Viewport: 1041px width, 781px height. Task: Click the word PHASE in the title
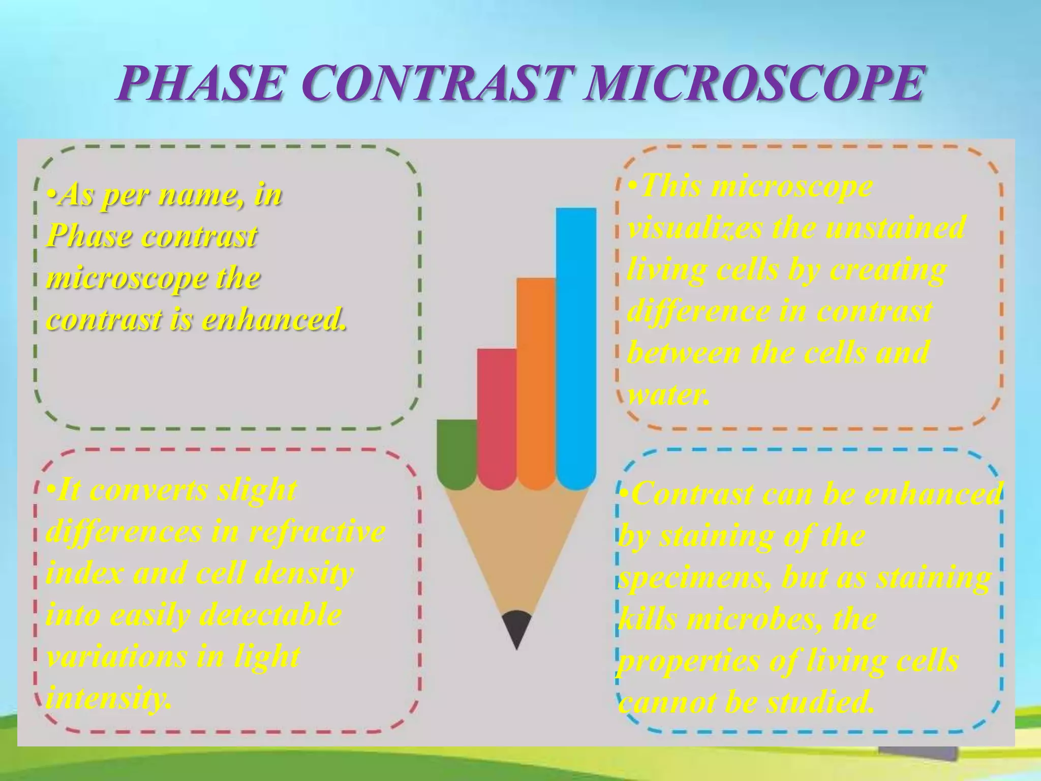pos(200,84)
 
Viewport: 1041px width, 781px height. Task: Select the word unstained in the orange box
pos(895,227)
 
